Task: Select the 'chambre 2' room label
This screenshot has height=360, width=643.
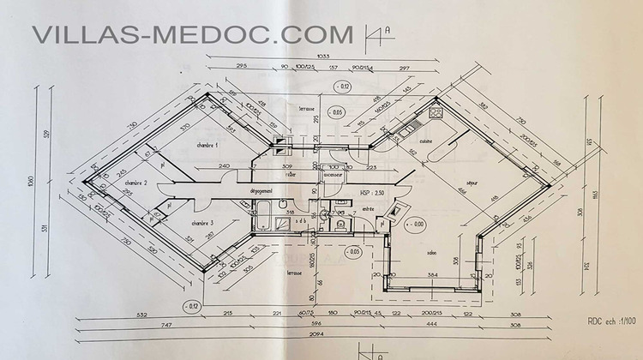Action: [x=136, y=183]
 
